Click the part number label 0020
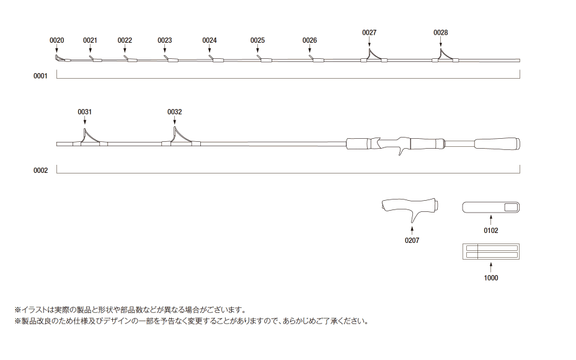[x=56, y=40]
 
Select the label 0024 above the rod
[x=210, y=40]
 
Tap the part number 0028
[x=440, y=33]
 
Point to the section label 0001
[x=40, y=76]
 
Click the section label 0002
[x=40, y=170]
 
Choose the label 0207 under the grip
[x=412, y=240]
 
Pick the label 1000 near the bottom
[x=491, y=278]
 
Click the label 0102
[x=491, y=230]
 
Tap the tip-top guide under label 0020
[x=59, y=58]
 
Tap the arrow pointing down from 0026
[x=309, y=49]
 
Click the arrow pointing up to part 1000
[x=491, y=267]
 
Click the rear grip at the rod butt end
[x=497, y=143]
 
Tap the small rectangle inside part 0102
[x=511, y=208]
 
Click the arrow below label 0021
[x=90, y=49]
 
